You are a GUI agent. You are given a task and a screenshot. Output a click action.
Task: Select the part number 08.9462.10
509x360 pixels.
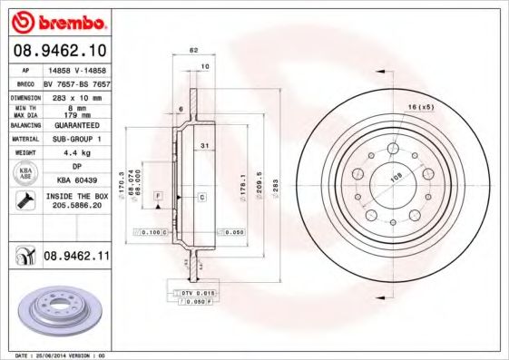58,52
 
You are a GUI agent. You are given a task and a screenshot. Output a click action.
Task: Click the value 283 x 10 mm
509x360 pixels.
75,95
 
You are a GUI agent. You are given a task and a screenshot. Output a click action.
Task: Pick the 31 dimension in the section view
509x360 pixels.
207,146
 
